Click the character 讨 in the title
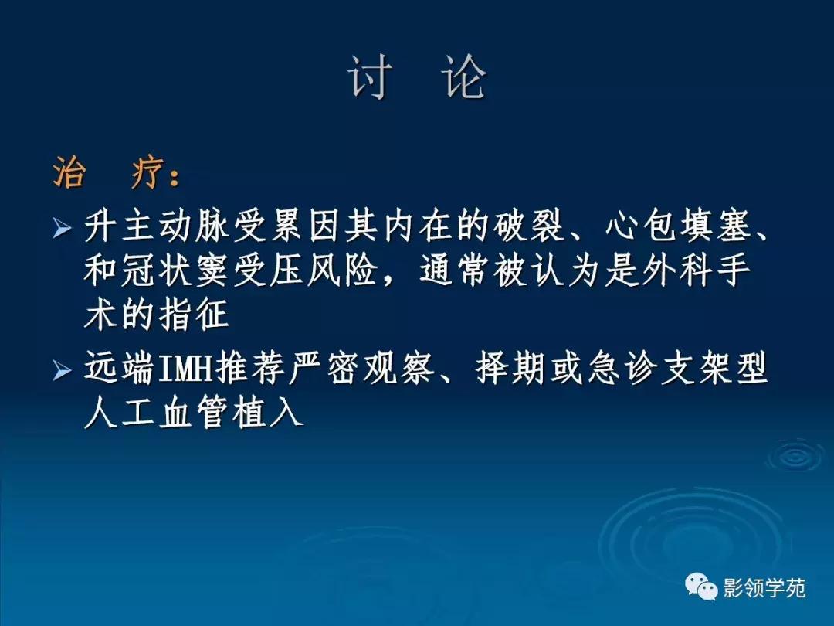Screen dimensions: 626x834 [x=368, y=78]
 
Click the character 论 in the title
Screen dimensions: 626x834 [x=465, y=78]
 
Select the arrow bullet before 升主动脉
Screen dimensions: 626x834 [x=61, y=230]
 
